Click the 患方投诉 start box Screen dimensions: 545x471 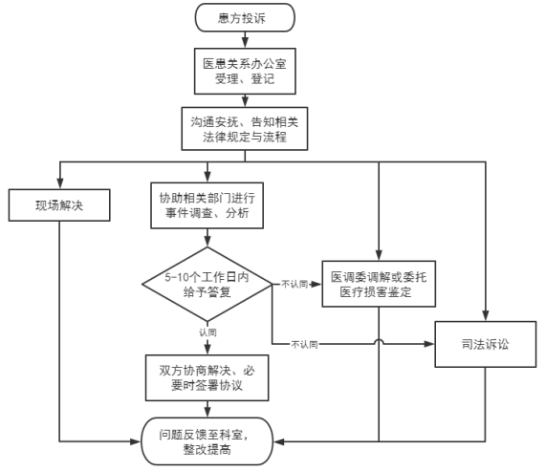(x=245, y=18)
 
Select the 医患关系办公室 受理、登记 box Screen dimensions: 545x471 (x=245, y=72)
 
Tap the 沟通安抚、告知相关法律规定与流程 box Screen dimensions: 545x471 (x=245, y=129)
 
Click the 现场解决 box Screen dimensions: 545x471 (x=59, y=205)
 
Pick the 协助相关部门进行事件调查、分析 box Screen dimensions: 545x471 (x=207, y=205)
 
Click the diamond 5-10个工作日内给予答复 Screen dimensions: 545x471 (x=207, y=284)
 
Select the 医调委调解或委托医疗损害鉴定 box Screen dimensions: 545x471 (x=379, y=284)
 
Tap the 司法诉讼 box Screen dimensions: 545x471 (x=486, y=344)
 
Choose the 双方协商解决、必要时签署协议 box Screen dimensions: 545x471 (x=207, y=378)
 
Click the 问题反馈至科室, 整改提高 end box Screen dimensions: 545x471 (x=207, y=441)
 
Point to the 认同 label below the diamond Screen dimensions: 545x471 (x=207, y=332)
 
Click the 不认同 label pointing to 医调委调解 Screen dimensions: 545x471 (x=294, y=285)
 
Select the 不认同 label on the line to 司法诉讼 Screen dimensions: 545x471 (x=304, y=345)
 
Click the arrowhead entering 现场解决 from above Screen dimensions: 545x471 (x=60, y=183)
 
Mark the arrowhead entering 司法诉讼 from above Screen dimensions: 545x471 (x=486, y=315)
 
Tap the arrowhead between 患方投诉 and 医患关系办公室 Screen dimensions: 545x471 (x=245, y=42)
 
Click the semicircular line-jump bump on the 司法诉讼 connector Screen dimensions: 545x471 (x=379, y=342)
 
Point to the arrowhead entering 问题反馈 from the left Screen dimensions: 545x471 (x=135, y=441)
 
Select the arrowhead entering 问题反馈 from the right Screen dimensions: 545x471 (x=279, y=441)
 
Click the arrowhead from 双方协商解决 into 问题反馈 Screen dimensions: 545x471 (x=207, y=412)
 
